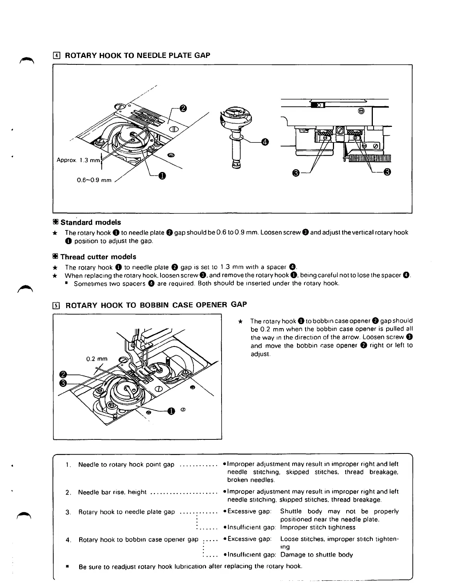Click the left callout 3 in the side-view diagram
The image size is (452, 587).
coord(296,172)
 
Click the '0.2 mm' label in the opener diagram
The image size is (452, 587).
coord(97,359)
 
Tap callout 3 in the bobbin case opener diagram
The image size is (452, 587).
coord(63,383)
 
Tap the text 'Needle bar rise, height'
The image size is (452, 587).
coord(112,492)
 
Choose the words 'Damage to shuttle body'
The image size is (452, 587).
coord(317,555)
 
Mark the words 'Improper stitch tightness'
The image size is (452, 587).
coord(318,527)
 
